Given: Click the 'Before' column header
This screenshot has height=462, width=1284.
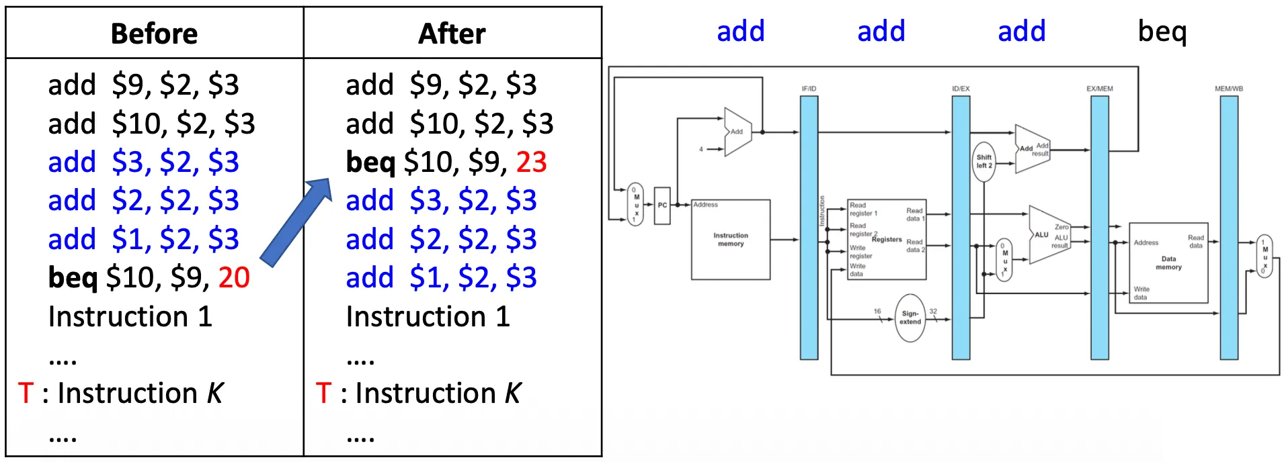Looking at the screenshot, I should coord(154,34).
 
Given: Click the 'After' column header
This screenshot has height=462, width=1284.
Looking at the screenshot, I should coord(452,34).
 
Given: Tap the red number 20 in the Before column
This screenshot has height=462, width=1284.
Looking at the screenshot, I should coord(234,277).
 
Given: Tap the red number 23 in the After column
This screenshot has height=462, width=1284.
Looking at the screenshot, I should coord(531,162).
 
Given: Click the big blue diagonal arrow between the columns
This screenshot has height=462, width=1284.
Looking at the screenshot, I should coord(296,222).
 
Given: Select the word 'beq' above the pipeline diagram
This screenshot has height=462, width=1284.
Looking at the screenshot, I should coord(1162,32).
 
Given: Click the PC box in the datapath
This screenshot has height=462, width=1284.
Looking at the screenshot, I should coord(662,205).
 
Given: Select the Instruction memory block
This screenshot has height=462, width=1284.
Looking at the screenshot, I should coord(731,240).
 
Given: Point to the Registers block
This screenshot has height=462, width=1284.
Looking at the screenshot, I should coord(887,239).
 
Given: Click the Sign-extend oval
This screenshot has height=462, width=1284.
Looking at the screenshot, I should coord(910,318).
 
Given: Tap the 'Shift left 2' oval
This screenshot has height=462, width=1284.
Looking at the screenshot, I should coord(984,161).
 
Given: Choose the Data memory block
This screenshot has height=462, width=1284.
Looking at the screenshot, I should coord(1168,263).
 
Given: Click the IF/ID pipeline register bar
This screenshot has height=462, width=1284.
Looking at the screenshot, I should coord(809,228).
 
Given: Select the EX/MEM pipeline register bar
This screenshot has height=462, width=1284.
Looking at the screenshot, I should coord(1099,228).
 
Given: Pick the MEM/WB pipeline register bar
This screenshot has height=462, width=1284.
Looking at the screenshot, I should coord(1229,228).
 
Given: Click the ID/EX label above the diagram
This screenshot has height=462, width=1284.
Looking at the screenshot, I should coord(961,89).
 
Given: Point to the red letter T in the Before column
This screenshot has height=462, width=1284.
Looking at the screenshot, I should coord(26,393).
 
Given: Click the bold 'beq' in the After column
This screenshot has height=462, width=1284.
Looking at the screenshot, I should coord(370,162).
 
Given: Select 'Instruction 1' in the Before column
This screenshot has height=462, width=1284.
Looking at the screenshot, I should coord(130,316).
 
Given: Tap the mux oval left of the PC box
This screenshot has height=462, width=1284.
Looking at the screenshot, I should coord(635,204).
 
